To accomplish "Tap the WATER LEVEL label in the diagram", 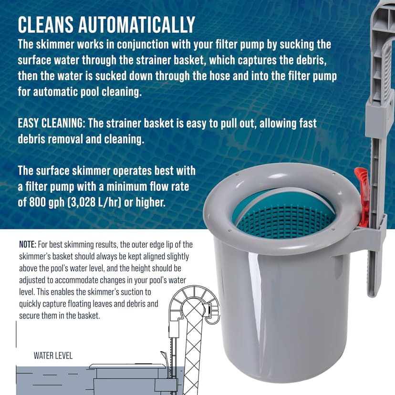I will click(53, 355).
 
